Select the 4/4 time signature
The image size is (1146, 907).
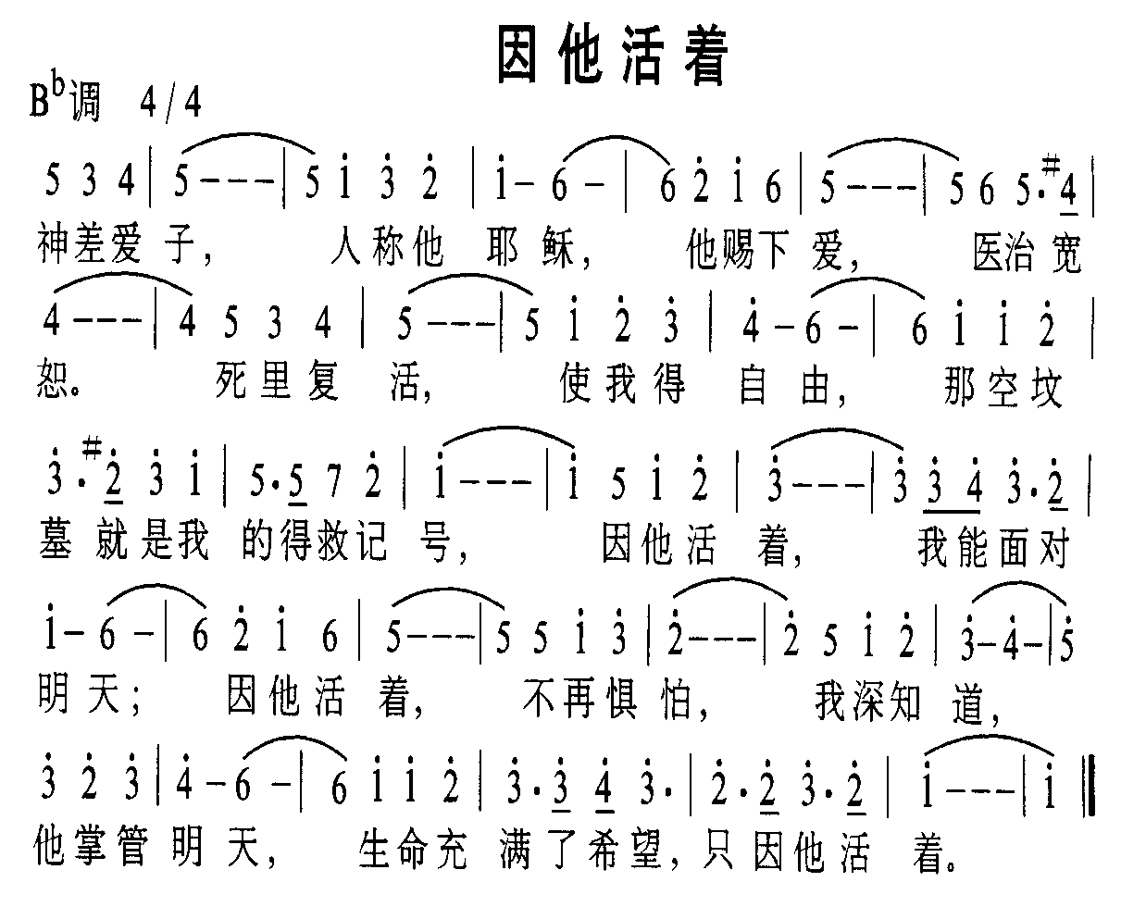[x=170, y=103]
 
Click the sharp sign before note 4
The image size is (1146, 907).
[x=1050, y=164]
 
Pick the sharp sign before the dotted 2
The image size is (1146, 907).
[x=93, y=450]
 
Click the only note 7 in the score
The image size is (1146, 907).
[x=334, y=482]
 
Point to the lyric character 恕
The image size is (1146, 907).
[x=54, y=381]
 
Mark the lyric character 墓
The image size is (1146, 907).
[x=56, y=541]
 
